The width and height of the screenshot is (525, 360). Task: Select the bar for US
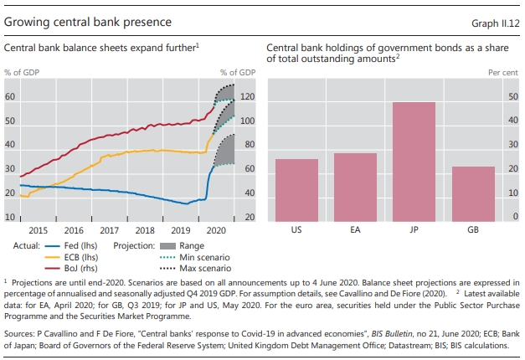[296, 189]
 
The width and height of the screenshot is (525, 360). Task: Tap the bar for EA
[355, 186]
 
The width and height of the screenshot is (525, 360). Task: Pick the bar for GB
[474, 193]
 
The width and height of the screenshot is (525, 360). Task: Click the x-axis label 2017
[109, 229]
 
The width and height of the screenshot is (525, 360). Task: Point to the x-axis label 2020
[217, 229]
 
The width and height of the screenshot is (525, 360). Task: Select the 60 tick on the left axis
[10, 97]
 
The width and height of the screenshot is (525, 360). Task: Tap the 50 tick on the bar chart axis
[513, 97]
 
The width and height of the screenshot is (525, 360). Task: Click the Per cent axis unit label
[504, 73]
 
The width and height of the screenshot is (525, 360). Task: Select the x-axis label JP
[414, 229]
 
